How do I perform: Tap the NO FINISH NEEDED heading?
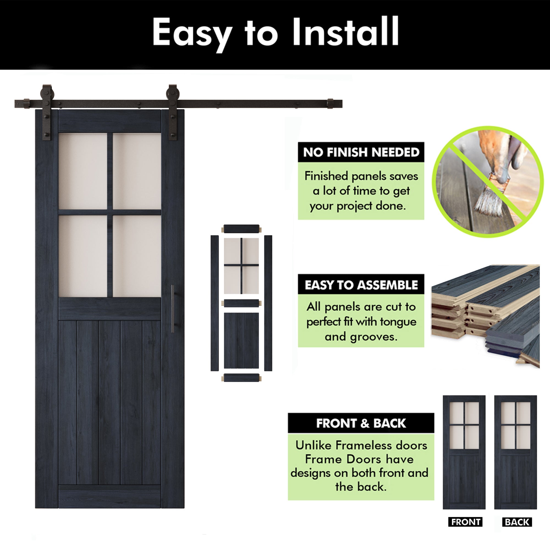(361, 152)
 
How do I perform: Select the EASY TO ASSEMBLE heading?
(361, 285)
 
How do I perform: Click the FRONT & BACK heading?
(361, 423)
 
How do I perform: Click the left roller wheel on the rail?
(47, 93)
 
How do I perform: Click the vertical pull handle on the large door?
(172, 309)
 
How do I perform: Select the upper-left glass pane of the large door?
(83, 171)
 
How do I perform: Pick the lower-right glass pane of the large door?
(137, 256)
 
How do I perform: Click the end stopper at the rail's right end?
(330, 104)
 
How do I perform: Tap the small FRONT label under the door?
(466, 522)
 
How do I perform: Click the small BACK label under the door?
(517, 522)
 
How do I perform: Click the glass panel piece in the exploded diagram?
(241, 266)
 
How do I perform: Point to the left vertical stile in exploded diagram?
(215, 303)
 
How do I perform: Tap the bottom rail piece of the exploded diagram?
(241, 378)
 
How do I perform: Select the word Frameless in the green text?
(361, 445)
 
